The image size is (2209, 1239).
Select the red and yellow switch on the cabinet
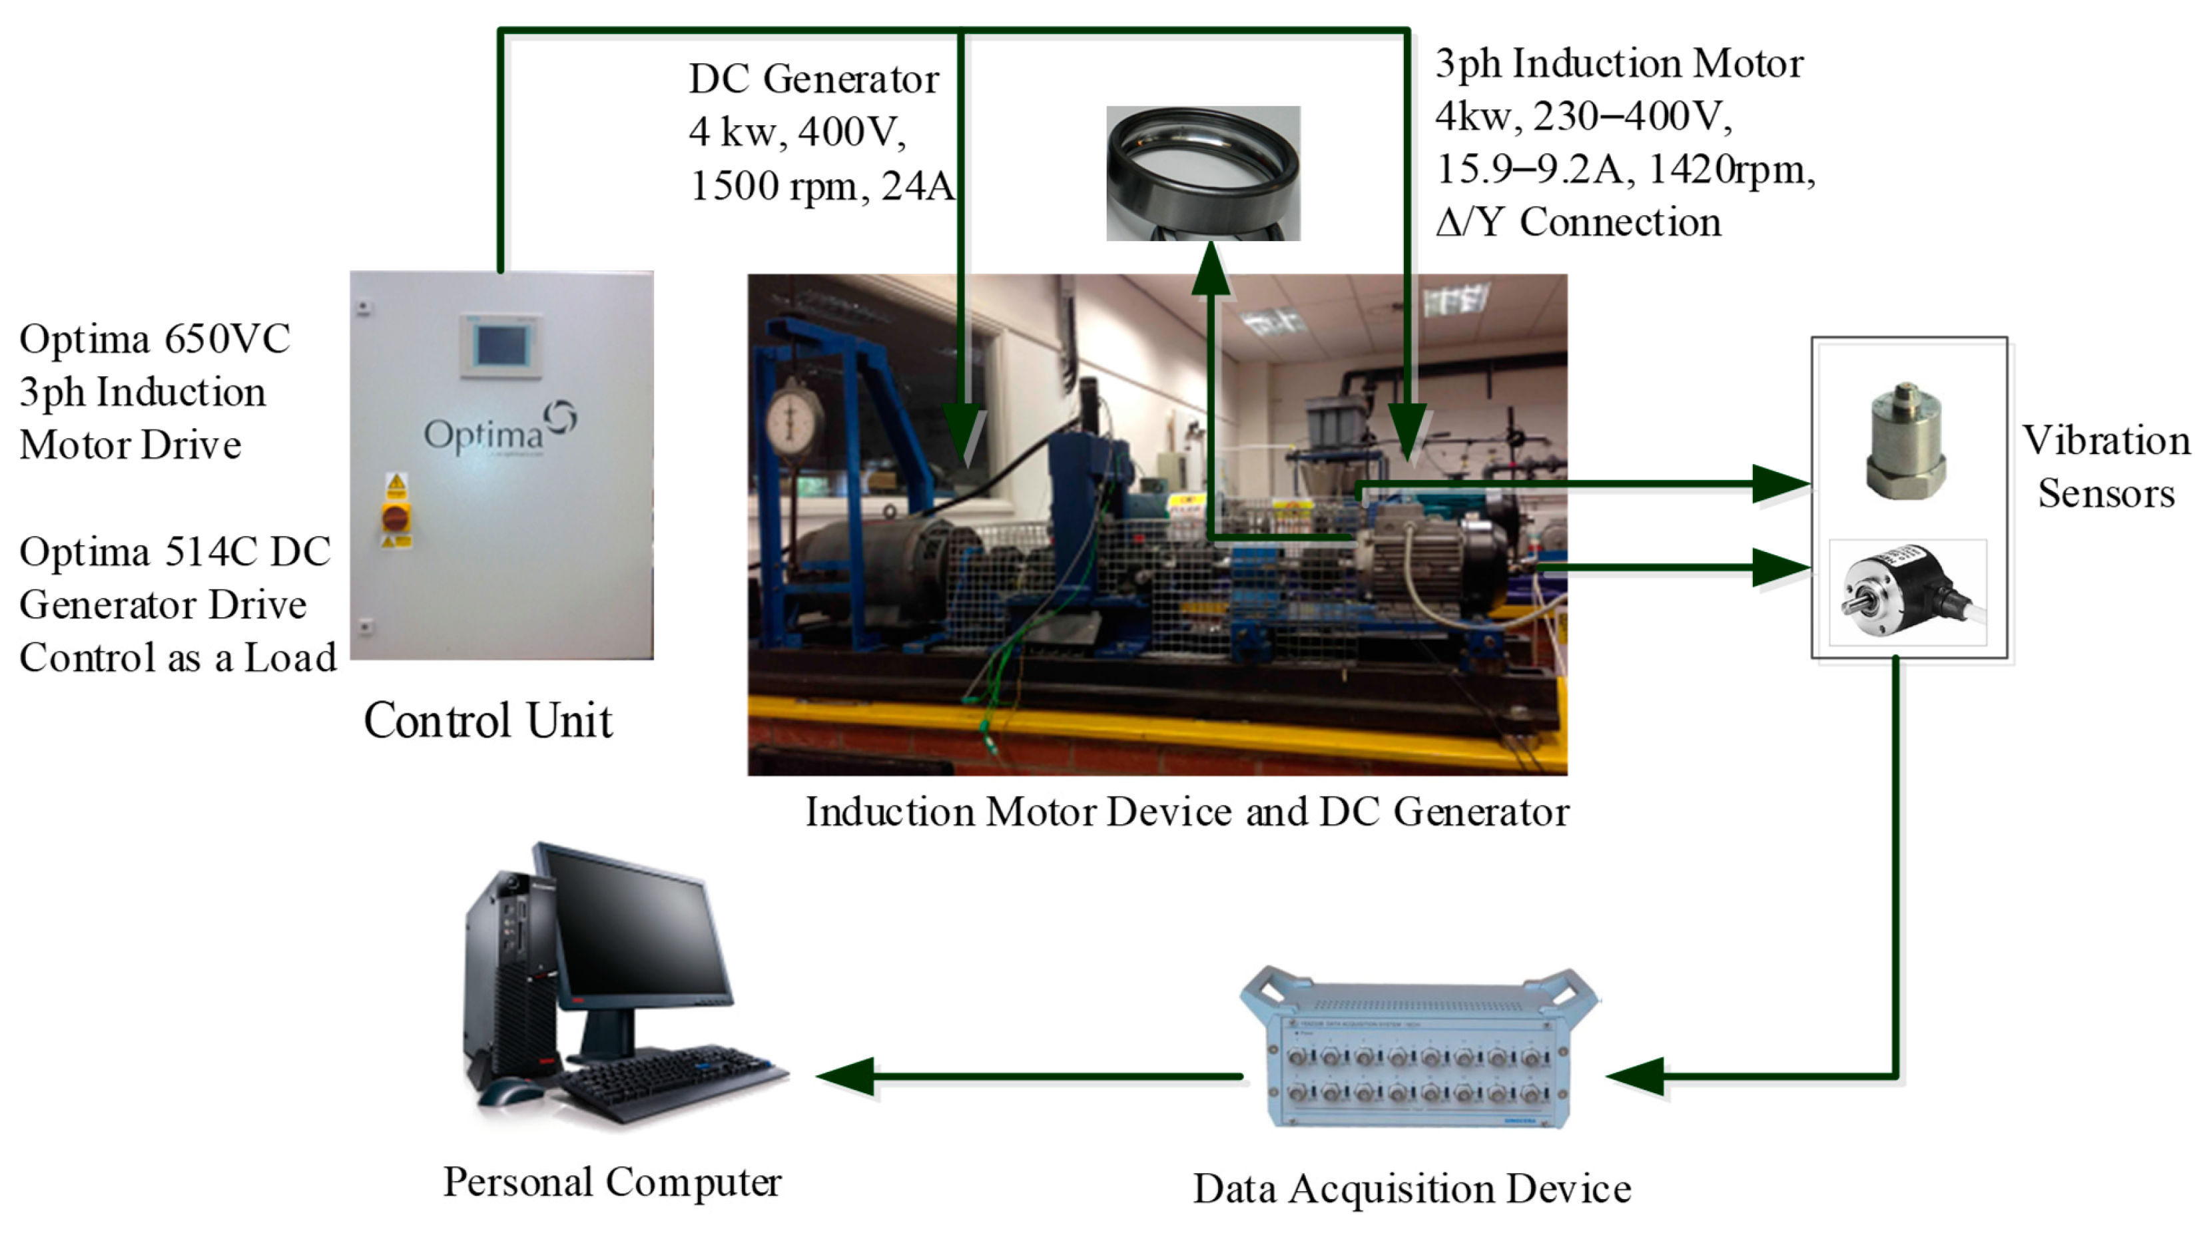(x=396, y=517)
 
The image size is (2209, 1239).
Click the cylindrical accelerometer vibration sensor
(x=1905, y=441)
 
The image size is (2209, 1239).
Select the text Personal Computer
(x=611, y=1182)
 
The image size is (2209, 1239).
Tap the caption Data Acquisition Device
(x=1411, y=1188)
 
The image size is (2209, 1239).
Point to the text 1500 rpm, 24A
(x=820, y=186)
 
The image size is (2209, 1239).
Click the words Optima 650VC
(x=155, y=339)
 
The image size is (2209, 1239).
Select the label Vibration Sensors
(x=2105, y=467)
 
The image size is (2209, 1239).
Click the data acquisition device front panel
(x=1419, y=1072)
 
